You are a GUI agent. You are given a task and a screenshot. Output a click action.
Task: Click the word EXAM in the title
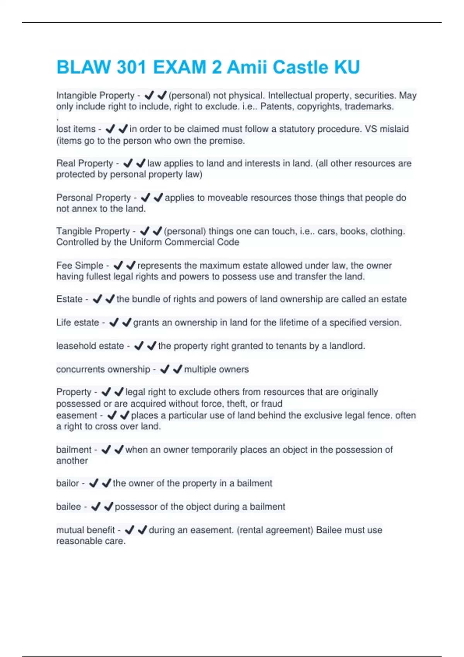point(179,67)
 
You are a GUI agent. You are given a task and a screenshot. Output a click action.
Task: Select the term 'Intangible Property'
point(95,95)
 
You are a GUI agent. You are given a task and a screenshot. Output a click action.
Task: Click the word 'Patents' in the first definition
point(277,107)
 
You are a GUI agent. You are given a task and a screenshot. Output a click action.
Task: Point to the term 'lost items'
point(76,129)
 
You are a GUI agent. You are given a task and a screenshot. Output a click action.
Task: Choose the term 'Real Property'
point(85,163)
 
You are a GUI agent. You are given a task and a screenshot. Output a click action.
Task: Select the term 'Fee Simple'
point(80,266)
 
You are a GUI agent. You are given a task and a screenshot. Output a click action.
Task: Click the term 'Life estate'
point(77,323)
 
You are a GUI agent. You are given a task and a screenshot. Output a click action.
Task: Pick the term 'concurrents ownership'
point(103,369)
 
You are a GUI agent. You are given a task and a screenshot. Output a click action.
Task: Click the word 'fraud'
point(271,404)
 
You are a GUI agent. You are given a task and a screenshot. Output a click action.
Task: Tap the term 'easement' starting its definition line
point(77,415)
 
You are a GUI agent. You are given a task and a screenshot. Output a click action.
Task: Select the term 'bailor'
point(67,483)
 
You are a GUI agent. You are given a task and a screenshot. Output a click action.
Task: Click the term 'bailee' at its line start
point(68,507)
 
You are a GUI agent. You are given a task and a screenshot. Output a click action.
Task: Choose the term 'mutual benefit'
point(85,530)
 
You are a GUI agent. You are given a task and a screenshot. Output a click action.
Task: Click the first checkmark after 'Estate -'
point(97,299)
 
